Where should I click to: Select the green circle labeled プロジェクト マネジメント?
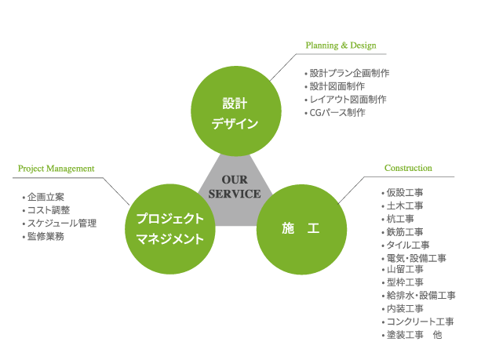169,228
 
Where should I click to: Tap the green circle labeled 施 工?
301,228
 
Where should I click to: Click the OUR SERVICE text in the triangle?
234,187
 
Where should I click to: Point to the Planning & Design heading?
341,45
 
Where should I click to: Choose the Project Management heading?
56,168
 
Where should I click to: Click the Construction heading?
408,168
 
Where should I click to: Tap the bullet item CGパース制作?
337,113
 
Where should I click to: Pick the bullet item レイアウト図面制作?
348,100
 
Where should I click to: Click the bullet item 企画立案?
45,197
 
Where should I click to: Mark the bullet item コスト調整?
48,210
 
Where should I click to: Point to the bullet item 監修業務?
45,236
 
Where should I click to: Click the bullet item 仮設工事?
405,193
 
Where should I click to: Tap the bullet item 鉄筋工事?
405,232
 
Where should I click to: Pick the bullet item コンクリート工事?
419,322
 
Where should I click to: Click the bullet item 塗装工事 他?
414,335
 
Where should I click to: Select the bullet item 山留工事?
405,269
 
